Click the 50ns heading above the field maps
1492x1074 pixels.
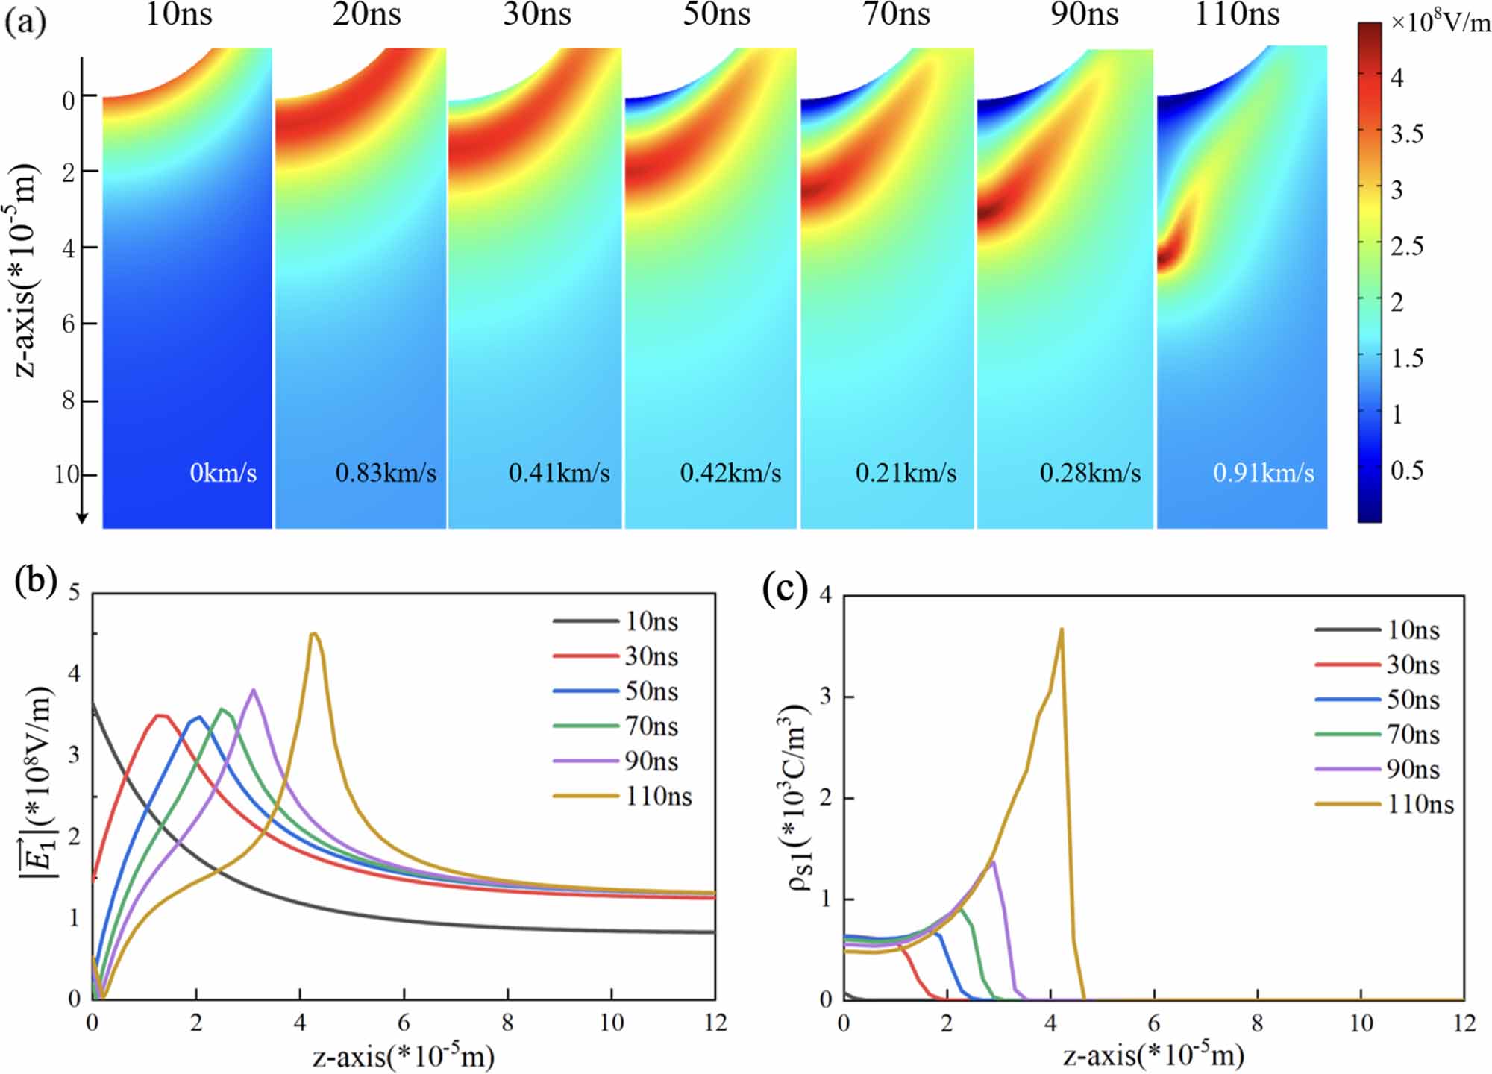tap(716, 15)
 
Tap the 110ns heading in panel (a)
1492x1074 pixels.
tap(1237, 15)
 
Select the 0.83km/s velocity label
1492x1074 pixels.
tap(386, 473)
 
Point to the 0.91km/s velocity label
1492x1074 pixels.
tap(1264, 473)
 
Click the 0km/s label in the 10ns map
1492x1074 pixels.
tap(223, 473)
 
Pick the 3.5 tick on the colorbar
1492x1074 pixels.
tap(1407, 134)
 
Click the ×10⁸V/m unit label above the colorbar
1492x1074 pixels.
tap(1441, 22)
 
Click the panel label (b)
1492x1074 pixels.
tap(36, 582)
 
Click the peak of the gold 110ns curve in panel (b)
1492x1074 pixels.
tap(314, 634)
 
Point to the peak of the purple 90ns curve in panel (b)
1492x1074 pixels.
tap(254, 690)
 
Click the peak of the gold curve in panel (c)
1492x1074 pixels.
tap(1061, 629)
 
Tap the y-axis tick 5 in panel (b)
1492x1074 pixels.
tap(74, 594)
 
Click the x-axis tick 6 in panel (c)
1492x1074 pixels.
tap(1153, 1023)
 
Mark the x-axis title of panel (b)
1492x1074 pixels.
tap(403, 1056)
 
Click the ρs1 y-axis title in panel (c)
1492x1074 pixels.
tap(798, 798)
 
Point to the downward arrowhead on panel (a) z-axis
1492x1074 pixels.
tap(83, 518)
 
